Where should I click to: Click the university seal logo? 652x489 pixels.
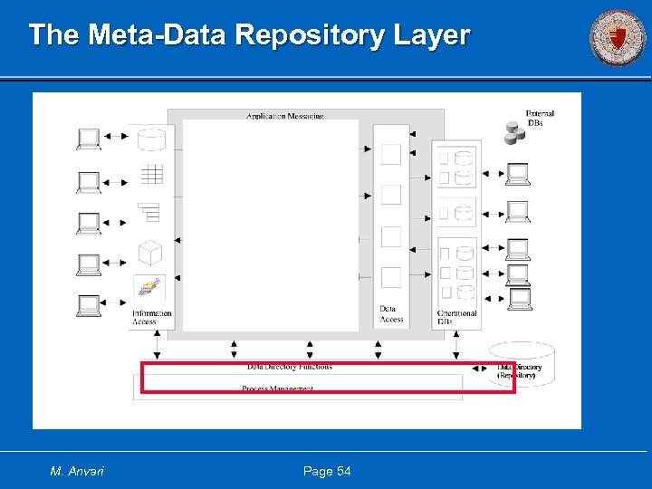point(618,37)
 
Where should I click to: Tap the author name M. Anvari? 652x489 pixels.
point(76,471)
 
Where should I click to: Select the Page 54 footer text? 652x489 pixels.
point(327,471)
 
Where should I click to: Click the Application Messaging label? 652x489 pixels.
point(284,116)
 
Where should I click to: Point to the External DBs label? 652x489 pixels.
point(540,119)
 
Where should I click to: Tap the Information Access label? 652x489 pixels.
point(151,318)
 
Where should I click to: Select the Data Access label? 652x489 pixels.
point(391,314)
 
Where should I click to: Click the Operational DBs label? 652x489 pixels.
point(456,318)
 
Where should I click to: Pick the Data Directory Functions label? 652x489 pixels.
point(289,367)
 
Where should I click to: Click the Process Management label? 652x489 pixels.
point(277,388)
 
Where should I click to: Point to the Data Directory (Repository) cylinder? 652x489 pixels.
point(521,365)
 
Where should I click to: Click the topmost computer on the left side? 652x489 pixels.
point(89,138)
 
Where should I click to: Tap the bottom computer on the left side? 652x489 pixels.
point(89,305)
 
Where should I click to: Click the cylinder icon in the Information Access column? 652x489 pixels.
point(150,139)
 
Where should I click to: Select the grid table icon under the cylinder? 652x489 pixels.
point(150,174)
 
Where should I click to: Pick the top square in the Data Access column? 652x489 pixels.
point(390,154)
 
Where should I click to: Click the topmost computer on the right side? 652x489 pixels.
point(518,172)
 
